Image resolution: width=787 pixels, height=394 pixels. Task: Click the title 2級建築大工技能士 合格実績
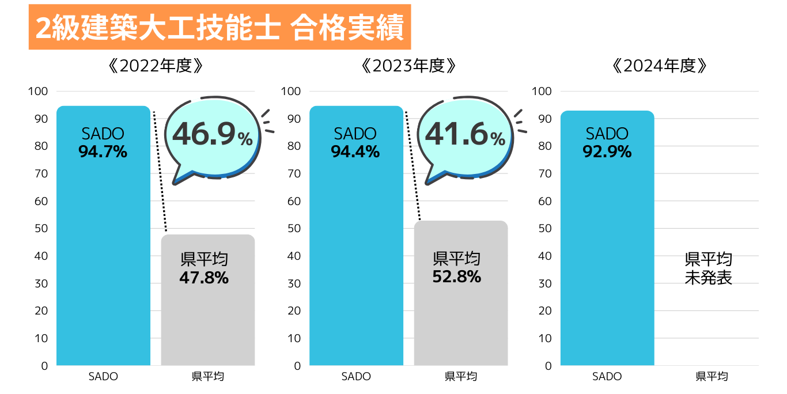[x=220, y=27]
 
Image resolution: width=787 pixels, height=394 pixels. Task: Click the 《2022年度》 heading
[x=156, y=66]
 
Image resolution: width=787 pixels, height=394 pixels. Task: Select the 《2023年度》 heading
[x=409, y=66]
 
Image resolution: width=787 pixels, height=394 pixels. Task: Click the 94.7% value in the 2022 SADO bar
[x=103, y=152]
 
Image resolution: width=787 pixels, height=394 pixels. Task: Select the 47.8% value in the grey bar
[x=204, y=278]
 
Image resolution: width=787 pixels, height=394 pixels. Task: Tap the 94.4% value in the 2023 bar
[x=355, y=152]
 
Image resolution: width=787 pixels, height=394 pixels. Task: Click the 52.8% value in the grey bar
[x=456, y=276]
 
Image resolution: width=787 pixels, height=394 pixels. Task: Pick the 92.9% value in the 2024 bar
[x=607, y=152]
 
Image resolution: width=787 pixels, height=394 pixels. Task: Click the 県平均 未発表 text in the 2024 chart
[x=708, y=268]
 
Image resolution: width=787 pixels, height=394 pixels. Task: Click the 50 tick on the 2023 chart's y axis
[x=294, y=229]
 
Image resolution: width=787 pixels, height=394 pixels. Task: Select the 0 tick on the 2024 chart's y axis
[x=548, y=366]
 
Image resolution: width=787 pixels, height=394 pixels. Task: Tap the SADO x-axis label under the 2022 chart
[x=103, y=377]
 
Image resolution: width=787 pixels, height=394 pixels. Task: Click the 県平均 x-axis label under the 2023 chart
[x=461, y=377]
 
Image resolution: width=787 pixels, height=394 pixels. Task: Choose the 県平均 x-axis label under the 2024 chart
[x=712, y=377]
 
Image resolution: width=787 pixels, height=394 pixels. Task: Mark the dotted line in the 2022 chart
[x=160, y=170]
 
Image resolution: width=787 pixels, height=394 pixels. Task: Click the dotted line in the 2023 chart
[x=413, y=164]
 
